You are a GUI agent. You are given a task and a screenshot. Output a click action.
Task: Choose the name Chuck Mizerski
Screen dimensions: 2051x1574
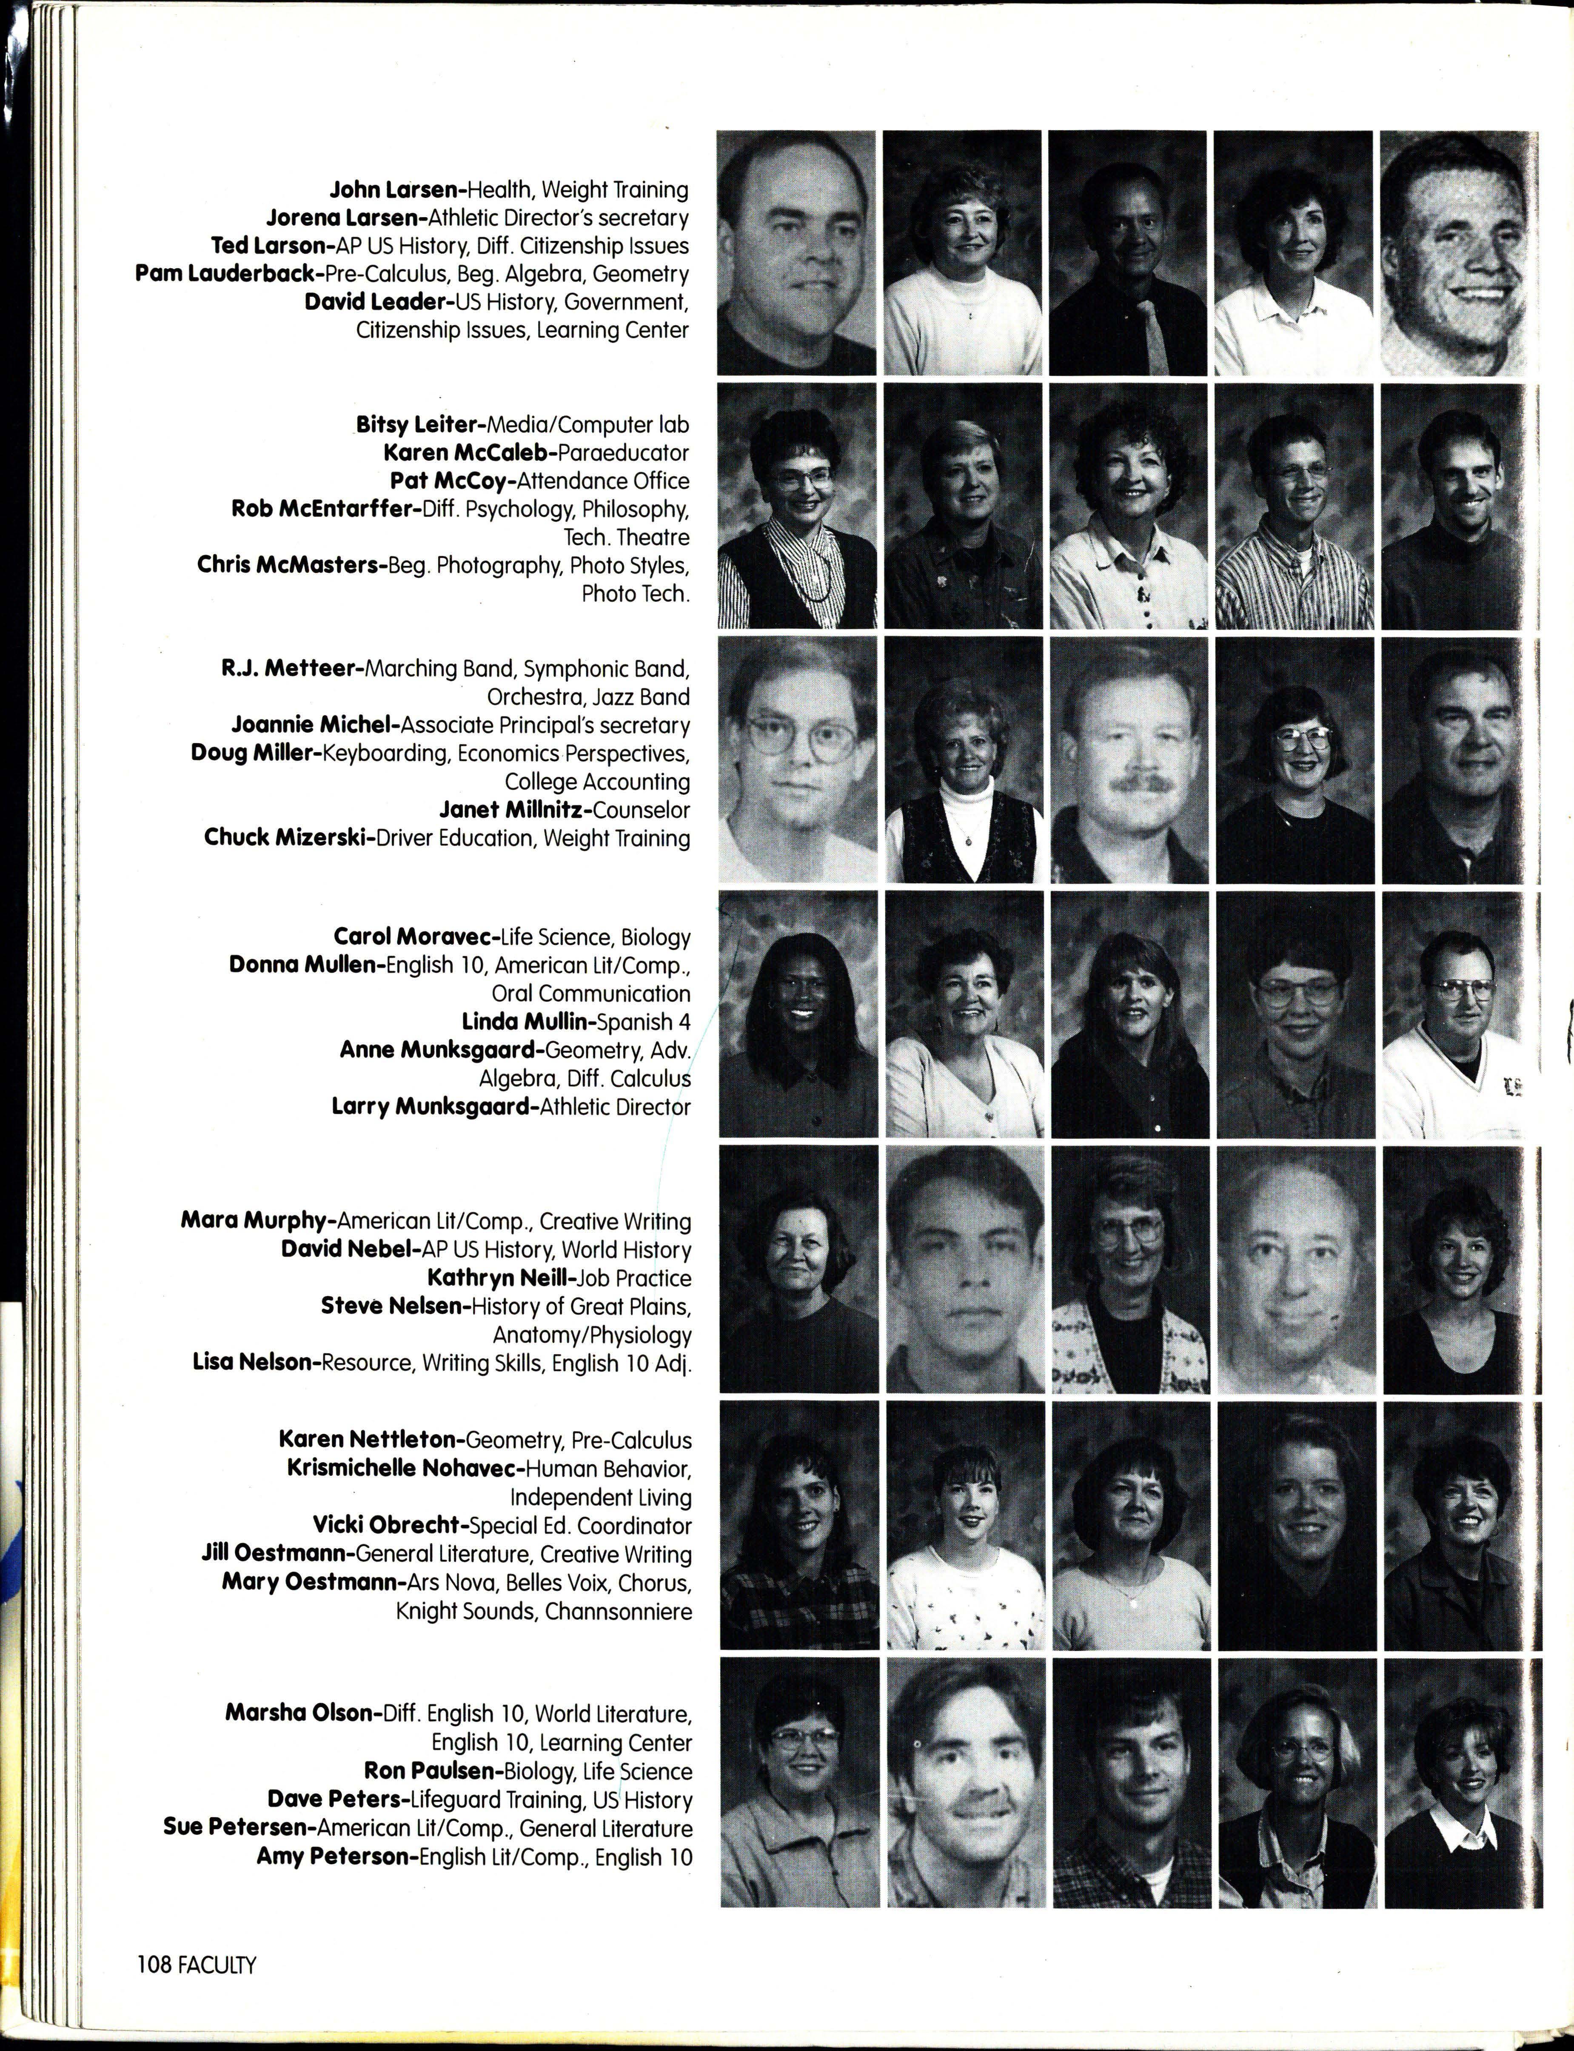[288, 837]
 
